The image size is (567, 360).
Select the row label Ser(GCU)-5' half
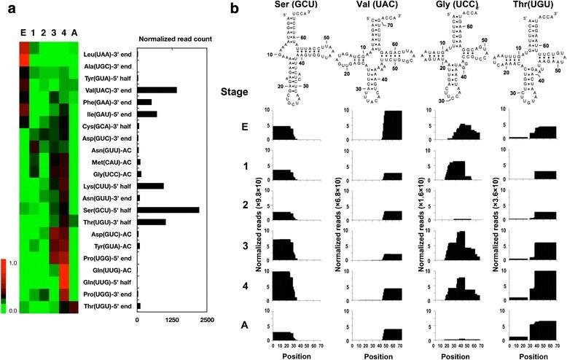pyautogui.click(x=106, y=210)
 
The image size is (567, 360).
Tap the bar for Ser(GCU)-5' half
pyautogui.click(x=168, y=210)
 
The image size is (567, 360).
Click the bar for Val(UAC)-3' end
pyautogui.click(x=157, y=90)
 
